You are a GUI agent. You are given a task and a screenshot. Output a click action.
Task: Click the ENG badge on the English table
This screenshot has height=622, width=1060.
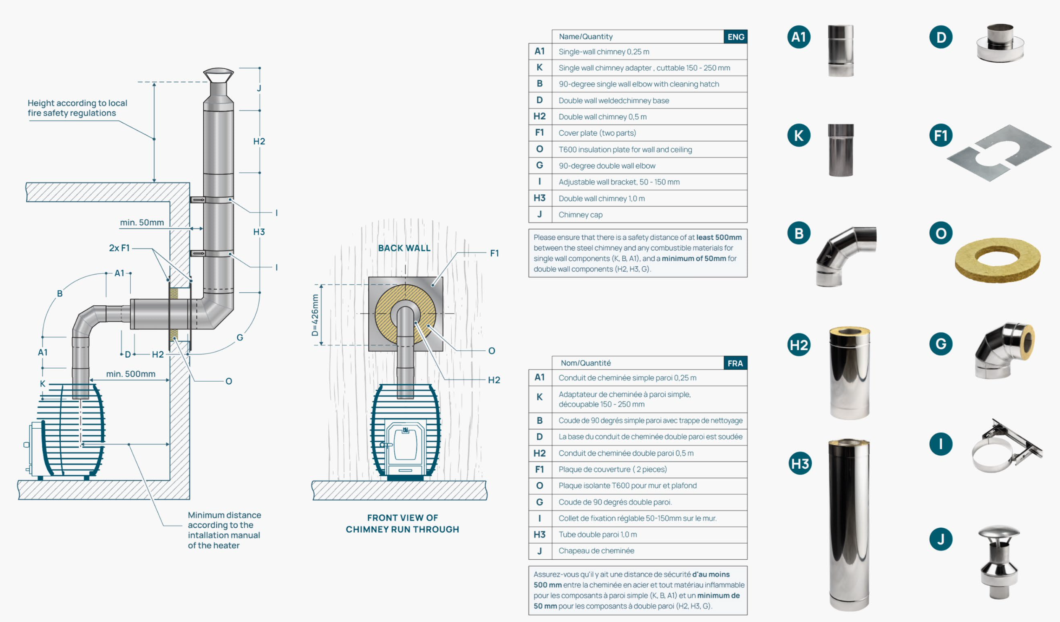click(x=735, y=37)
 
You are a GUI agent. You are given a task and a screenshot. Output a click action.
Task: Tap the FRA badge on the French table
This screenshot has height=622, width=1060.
click(x=735, y=363)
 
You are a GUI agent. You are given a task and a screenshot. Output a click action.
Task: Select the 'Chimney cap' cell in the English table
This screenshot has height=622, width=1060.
click(x=580, y=215)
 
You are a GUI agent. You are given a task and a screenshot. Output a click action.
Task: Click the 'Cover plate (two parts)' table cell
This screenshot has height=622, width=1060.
click(x=597, y=133)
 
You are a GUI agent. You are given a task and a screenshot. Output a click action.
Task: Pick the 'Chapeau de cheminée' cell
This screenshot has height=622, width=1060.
click(x=596, y=551)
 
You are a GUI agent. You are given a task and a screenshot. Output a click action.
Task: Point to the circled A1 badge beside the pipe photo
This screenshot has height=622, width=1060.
click(x=798, y=37)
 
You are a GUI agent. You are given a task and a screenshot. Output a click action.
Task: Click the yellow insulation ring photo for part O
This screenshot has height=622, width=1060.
click(x=997, y=259)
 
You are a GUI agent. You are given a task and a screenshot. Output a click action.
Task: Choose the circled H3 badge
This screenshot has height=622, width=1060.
click(x=799, y=463)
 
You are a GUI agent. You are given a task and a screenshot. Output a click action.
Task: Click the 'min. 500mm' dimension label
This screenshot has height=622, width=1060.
click(x=130, y=374)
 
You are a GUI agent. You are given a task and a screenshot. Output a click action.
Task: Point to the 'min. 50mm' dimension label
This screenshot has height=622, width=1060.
click(x=142, y=222)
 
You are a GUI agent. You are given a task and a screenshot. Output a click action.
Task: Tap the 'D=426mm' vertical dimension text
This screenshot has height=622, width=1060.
click(x=314, y=315)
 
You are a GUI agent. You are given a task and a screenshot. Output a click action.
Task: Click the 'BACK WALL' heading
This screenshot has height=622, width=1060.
click(x=404, y=248)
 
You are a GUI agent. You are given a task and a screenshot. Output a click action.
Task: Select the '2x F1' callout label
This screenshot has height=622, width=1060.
click(x=119, y=248)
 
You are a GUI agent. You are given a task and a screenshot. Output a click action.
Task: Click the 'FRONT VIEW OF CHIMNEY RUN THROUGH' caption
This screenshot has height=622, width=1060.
click(x=402, y=523)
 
